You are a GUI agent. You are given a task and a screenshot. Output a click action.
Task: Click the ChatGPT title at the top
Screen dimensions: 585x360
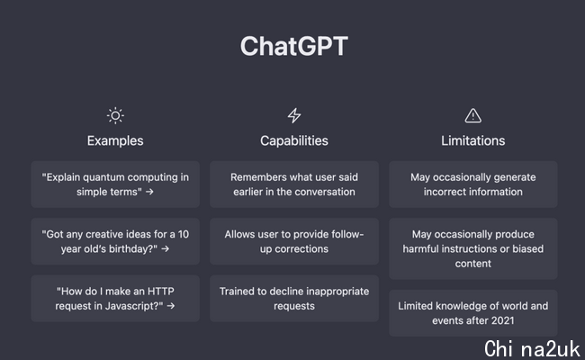[x=294, y=46]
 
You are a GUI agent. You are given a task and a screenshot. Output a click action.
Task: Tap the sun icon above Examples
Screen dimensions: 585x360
[x=115, y=115]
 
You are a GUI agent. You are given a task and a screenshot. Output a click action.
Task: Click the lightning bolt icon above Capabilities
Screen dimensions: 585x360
[x=294, y=115]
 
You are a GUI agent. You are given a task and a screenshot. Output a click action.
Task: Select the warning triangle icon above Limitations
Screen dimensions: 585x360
[x=473, y=115]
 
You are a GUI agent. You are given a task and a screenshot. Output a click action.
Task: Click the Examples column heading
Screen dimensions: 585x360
[x=115, y=140]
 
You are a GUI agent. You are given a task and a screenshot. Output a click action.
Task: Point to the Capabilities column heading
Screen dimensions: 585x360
[x=294, y=140]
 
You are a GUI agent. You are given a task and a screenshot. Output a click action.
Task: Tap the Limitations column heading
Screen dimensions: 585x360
[x=473, y=140]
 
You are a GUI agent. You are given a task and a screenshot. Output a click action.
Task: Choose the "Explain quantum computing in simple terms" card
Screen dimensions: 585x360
[x=115, y=184]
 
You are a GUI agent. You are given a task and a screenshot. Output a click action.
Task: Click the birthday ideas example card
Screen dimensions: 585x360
[x=115, y=241]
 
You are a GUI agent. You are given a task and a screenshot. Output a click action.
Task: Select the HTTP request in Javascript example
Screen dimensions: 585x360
[x=115, y=299]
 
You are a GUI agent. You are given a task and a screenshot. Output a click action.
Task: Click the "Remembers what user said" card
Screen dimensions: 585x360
[x=294, y=184]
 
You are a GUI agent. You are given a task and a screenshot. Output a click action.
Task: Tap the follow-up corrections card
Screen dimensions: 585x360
[x=294, y=241]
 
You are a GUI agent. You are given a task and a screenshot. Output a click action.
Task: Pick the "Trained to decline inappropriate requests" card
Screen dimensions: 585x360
[x=294, y=299]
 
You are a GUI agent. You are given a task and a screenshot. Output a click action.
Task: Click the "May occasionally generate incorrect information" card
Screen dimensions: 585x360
[x=473, y=184]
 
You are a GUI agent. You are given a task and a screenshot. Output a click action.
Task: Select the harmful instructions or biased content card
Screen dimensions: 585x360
[x=473, y=248]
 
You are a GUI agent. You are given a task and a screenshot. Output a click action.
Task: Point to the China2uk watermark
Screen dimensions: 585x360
[x=532, y=349]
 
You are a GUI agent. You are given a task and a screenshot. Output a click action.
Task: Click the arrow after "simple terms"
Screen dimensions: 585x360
[x=149, y=192]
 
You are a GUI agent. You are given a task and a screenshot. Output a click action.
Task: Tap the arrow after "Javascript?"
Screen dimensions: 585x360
[x=171, y=306]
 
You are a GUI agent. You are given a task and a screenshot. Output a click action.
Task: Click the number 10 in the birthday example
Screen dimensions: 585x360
[x=184, y=234]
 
